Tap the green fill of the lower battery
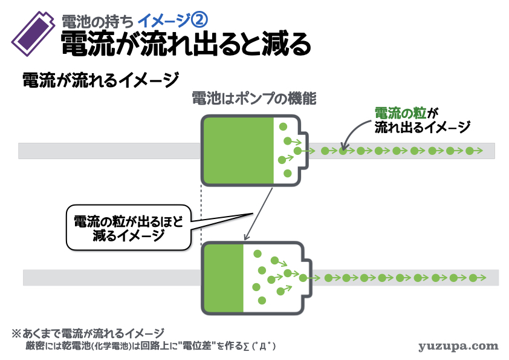tap(224, 278)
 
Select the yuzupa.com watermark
tap(458, 346)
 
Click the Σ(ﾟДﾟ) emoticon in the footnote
tap(256, 346)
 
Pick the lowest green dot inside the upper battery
tap(288, 174)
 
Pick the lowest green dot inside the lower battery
tap(261, 300)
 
